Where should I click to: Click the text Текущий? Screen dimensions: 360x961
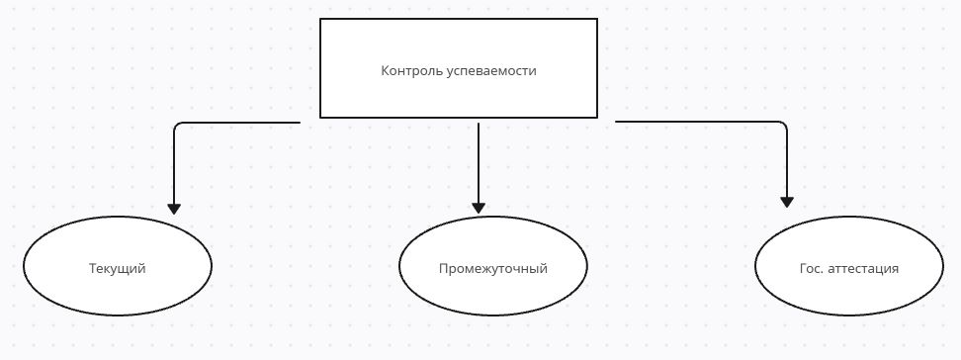pos(118,269)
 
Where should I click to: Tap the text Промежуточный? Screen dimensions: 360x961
pos(493,269)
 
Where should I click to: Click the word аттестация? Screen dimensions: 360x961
pos(863,269)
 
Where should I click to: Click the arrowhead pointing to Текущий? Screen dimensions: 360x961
pos(174,209)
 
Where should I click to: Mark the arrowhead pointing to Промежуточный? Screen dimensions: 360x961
pos(479,208)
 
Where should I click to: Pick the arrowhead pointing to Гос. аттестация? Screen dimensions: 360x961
pos(787,201)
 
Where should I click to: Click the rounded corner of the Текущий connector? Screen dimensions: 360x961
pos(177,126)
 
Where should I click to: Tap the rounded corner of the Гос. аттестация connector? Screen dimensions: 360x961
pos(784,125)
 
